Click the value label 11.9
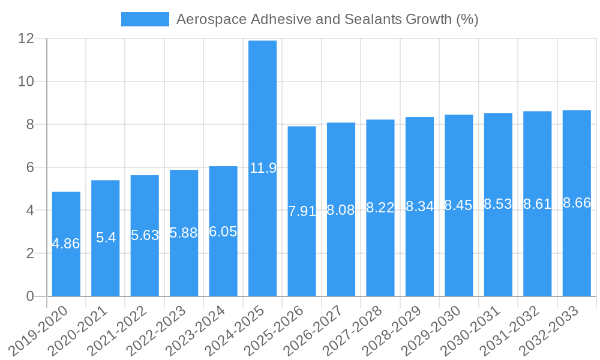[x=263, y=168]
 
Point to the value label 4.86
[x=66, y=244]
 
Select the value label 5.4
[x=106, y=238]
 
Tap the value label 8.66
[x=577, y=203]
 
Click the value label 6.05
[x=223, y=232]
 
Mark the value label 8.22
[x=380, y=208]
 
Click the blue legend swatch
[x=145, y=19]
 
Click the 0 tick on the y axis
[x=30, y=296]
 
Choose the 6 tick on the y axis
[x=30, y=167]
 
